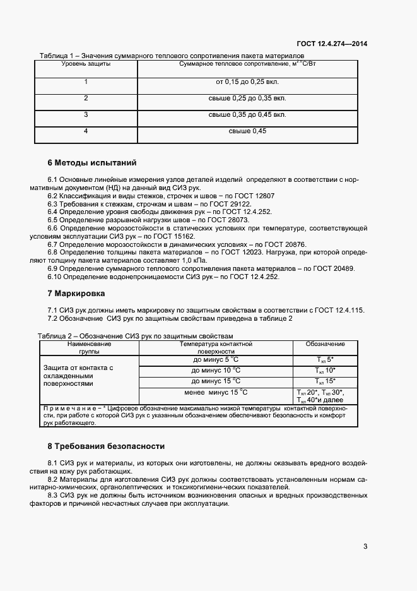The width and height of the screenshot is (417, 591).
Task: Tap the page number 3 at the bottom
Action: [x=365, y=546]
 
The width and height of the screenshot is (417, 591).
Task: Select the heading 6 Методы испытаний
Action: [x=92, y=162]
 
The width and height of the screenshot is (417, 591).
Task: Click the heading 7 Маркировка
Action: [x=76, y=294]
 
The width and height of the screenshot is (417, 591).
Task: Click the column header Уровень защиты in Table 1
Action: [x=86, y=64]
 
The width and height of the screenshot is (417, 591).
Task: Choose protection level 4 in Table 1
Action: [x=86, y=131]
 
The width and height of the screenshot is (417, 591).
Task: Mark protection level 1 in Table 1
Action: [x=86, y=81]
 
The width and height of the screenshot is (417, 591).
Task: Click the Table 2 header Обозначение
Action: [x=326, y=344]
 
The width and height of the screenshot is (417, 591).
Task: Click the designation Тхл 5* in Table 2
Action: [x=326, y=359]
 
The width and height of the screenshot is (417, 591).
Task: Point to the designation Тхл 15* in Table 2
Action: [x=326, y=381]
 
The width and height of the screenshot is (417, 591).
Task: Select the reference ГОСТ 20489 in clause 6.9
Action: [x=332, y=268]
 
